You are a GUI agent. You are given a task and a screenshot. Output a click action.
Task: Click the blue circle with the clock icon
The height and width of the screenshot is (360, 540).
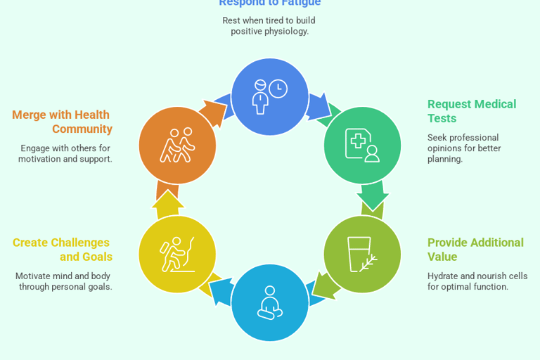(270, 97)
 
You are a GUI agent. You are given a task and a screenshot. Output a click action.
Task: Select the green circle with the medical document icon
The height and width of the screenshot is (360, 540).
(362, 146)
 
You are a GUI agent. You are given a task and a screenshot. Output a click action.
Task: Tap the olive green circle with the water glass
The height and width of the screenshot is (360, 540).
(362, 254)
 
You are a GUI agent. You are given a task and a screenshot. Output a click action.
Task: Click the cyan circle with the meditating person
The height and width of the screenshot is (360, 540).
(270, 302)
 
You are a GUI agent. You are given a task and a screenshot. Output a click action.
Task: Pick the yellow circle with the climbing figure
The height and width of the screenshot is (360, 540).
(177, 254)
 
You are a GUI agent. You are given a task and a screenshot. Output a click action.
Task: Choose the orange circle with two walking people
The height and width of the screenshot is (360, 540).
(177, 146)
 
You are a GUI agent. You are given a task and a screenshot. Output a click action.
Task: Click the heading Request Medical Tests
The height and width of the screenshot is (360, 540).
(471, 111)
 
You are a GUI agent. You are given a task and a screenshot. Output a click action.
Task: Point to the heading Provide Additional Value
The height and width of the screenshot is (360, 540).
(475, 250)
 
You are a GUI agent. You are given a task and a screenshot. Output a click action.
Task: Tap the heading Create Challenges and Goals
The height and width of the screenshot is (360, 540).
(63, 250)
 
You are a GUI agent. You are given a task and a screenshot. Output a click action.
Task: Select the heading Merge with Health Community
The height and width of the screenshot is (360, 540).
(62, 122)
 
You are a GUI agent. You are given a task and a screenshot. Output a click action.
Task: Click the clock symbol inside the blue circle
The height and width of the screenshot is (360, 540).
(278, 89)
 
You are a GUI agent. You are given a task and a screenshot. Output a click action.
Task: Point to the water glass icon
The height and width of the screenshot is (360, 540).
(359, 253)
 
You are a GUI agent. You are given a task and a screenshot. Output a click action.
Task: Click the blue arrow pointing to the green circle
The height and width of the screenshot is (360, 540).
(319, 106)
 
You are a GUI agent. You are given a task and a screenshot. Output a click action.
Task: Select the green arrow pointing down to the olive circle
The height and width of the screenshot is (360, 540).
(372, 196)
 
